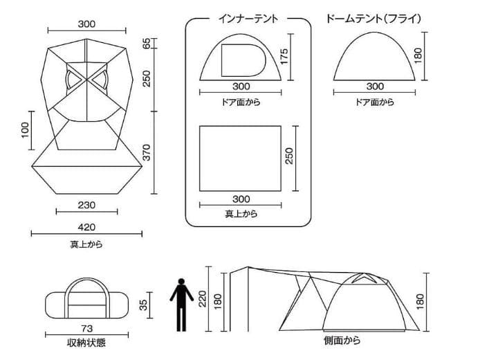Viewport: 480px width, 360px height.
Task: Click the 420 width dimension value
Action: pos(86,227)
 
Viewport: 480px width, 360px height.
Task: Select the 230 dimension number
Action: pos(86,205)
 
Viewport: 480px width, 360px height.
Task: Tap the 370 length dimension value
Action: pos(147,152)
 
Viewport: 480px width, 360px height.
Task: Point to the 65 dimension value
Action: pos(147,44)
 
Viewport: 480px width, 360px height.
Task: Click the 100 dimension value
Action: pos(25,130)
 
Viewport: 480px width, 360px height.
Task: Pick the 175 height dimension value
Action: pos(284,56)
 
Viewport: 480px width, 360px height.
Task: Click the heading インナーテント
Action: pos(248,19)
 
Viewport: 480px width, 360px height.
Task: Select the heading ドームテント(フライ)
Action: pos(373,19)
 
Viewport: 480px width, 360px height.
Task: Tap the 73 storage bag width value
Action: pos(87,328)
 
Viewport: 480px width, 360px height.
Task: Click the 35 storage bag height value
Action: pos(143,305)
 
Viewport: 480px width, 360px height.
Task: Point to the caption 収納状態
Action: pos(86,343)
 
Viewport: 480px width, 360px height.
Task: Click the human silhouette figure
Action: pos(181,305)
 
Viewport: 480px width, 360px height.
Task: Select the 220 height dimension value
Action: pos(203,298)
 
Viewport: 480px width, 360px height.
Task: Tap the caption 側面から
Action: pos(342,341)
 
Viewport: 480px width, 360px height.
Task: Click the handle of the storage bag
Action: pos(87,285)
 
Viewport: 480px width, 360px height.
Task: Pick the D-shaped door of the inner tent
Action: pos(243,60)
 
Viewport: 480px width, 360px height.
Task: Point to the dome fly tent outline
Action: pos(374,32)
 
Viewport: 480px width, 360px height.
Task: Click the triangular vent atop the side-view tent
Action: pos(362,278)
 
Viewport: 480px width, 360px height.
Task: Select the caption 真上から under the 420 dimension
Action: pos(86,244)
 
